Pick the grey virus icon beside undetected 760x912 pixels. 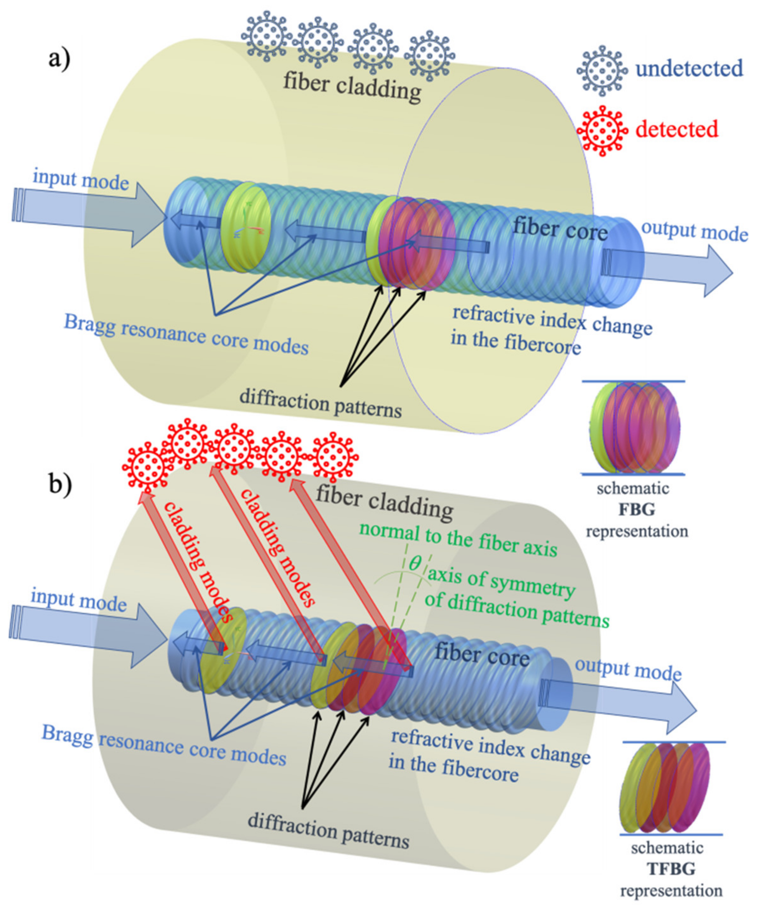click(602, 70)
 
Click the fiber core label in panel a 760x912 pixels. click(560, 229)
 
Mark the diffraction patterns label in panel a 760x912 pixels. click(320, 402)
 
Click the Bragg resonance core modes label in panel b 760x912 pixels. click(164, 745)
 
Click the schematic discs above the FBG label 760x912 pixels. click(635, 428)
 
